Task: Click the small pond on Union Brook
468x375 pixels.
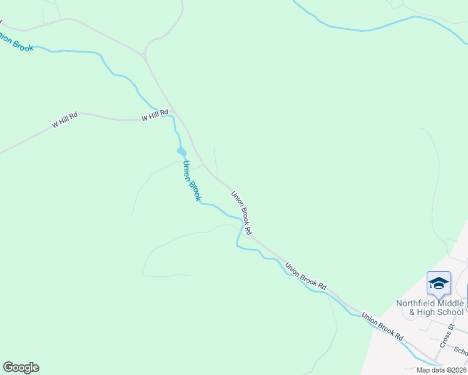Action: [181, 151]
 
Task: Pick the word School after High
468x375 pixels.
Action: [451, 312]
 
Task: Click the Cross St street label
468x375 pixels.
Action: [447, 336]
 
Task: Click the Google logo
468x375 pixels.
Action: [21, 367]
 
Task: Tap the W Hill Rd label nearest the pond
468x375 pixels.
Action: [155, 115]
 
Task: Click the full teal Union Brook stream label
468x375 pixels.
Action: [191, 181]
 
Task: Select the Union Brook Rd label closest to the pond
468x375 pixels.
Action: [242, 212]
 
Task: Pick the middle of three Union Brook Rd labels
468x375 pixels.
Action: [306, 276]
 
